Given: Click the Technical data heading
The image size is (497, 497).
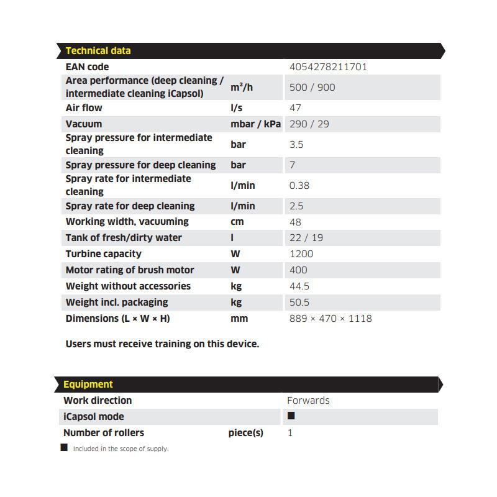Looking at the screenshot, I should pyautogui.click(x=98, y=51).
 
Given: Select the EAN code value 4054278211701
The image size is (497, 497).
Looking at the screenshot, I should pyautogui.click(x=328, y=67).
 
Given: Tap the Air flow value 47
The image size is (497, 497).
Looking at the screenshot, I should pyautogui.click(x=295, y=108).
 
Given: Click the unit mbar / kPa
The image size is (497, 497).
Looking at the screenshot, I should pyautogui.click(x=255, y=124).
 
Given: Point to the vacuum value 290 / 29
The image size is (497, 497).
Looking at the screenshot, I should pyautogui.click(x=309, y=124).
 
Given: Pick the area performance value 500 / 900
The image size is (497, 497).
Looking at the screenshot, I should pyautogui.click(x=312, y=88).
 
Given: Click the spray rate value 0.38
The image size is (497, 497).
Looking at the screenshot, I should pyautogui.click(x=299, y=186).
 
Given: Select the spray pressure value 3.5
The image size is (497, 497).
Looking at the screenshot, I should pyautogui.click(x=296, y=145).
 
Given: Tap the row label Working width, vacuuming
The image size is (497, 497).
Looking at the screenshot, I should pyautogui.click(x=127, y=222).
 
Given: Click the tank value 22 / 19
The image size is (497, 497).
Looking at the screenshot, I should pyautogui.click(x=306, y=238).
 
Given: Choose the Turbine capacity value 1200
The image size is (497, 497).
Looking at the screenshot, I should pyautogui.click(x=301, y=254).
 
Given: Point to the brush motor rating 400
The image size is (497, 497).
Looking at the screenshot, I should pyautogui.click(x=298, y=270).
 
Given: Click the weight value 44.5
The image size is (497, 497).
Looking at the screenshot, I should pyautogui.click(x=299, y=286).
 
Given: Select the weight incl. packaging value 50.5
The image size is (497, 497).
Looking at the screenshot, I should pyautogui.click(x=299, y=303).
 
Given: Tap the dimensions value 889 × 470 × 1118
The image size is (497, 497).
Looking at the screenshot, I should pyautogui.click(x=331, y=319).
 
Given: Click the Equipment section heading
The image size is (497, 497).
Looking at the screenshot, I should pyautogui.click(x=88, y=385).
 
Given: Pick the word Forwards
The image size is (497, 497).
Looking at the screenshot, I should pyautogui.click(x=308, y=401).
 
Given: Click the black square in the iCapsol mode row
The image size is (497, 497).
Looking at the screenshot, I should pyautogui.click(x=291, y=416).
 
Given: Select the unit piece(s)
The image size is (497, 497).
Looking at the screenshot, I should pyautogui.click(x=245, y=433).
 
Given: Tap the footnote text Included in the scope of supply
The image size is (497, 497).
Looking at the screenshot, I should pyautogui.click(x=121, y=449).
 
